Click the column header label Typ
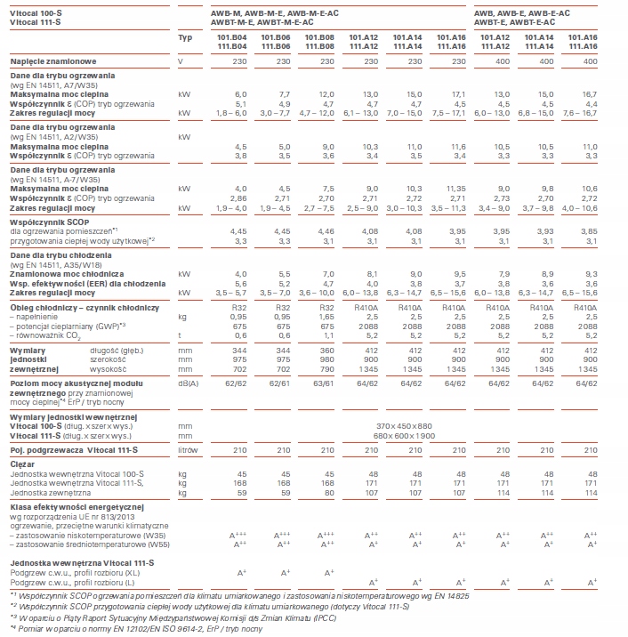pyautogui.click(x=185, y=37)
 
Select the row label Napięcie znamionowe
pyautogui.click(x=53, y=61)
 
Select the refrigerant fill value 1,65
pyautogui.click(x=326, y=317)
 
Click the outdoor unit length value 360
pyautogui.click(x=326, y=351)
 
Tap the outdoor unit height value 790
pyautogui.click(x=326, y=369)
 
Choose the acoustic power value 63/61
pyautogui.click(x=324, y=383)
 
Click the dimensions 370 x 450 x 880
pyautogui.click(x=404, y=426)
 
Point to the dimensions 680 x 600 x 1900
pyautogui.click(x=404, y=436)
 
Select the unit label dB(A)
pyautogui.click(x=188, y=383)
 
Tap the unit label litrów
pyautogui.click(x=188, y=450)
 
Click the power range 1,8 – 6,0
pyautogui.click(x=231, y=113)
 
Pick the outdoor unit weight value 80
pyautogui.click(x=329, y=493)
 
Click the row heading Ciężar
pyautogui.click(x=22, y=464)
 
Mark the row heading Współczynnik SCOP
pyautogui.click(x=50, y=222)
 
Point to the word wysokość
pyautogui.click(x=108, y=369)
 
